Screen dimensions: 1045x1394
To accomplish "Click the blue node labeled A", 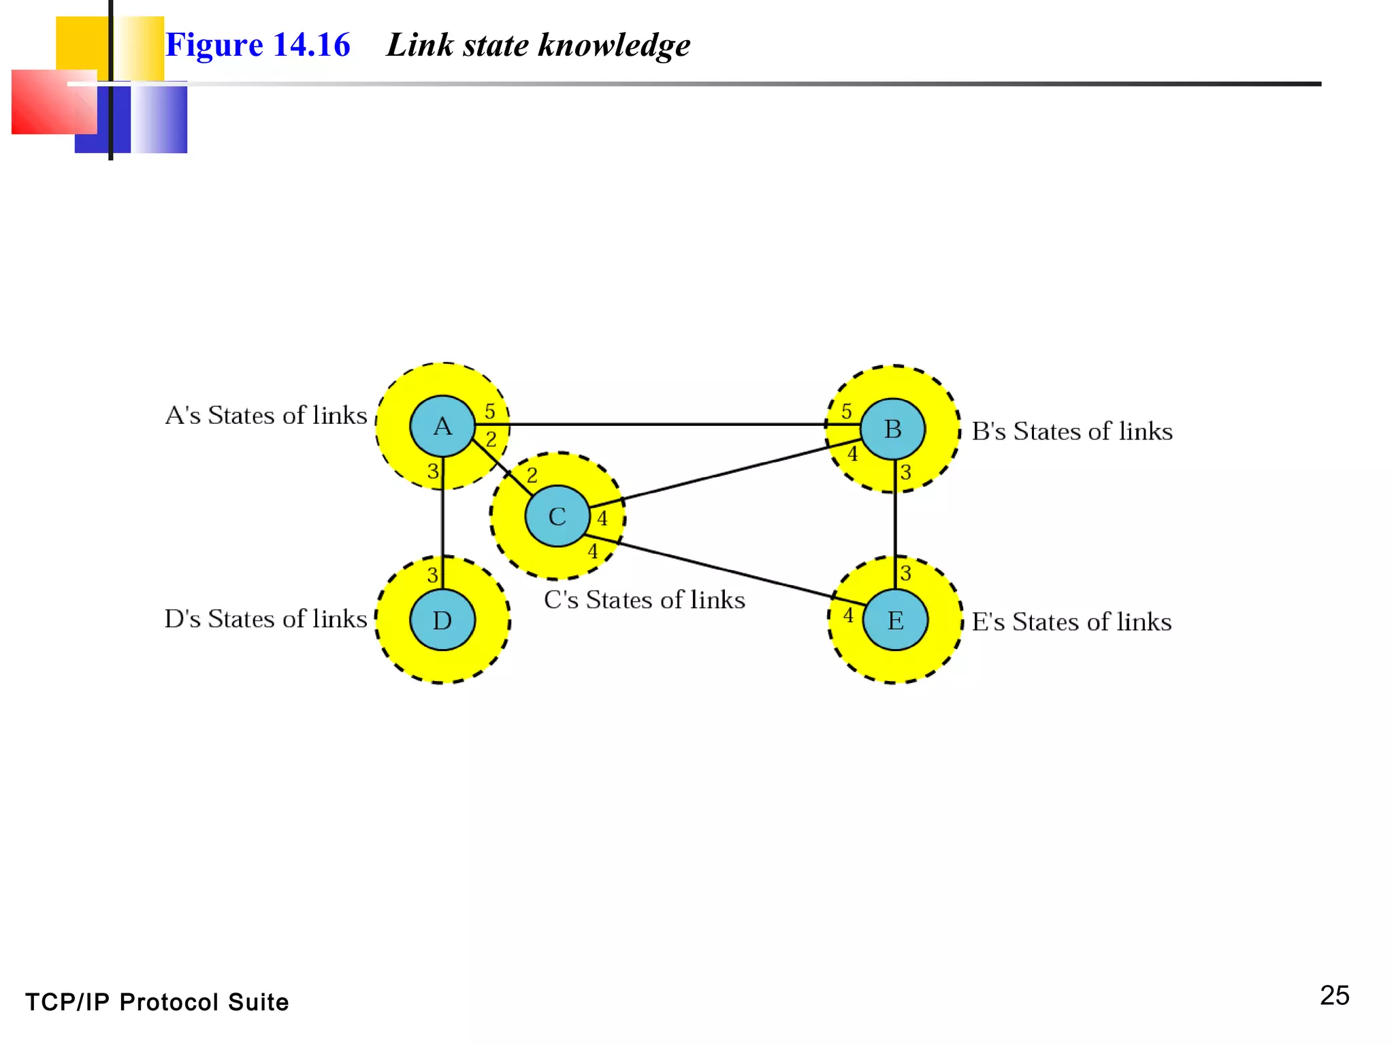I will pyautogui.click(x=442, y=426).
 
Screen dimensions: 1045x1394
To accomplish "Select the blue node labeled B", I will pyautogui.click(x=892, y=429).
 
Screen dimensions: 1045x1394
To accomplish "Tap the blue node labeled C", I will pyautogui.click(x=557, y=516).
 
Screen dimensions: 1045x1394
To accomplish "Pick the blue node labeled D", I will pyautogui.click(x=442, y=620).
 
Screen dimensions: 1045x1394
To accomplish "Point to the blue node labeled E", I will pyautogui.click(x=895, y=620).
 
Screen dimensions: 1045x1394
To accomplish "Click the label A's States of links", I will pyautogui.click(x=266, y=415).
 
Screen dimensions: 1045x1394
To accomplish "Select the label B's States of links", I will pyautogui.click(x=1072, y=431).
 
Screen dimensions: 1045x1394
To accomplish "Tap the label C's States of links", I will pyautogui.click(x=644, y=599).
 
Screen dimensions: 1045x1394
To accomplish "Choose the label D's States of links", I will pyautogui.click(x=265, y=618).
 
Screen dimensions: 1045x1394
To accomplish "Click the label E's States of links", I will pyautogui.click(x=1071, y=622).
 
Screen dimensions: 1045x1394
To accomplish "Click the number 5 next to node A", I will pyautogui.click(x=489, y=411).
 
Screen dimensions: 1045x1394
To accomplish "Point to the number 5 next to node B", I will pyautogui.click(x=846, y=411).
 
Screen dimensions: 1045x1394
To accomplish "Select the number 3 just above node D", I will pyautogui.click(x=432, y=575).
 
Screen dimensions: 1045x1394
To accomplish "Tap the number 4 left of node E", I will pyautogui.click(x=848, y=615).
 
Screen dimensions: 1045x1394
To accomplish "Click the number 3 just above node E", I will pyautogui.click(x=905, y=573).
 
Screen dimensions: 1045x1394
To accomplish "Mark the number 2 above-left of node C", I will pyautogui.click(x=532, y=475).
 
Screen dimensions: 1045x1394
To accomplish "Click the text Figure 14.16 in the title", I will pyautogui.click(x=257, y=45).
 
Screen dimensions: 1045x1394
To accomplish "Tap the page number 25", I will pyautogui.click(x=1334, y=995).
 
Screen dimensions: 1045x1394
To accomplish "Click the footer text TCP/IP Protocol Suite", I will pyautogui.click(x=157, y=1002).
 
